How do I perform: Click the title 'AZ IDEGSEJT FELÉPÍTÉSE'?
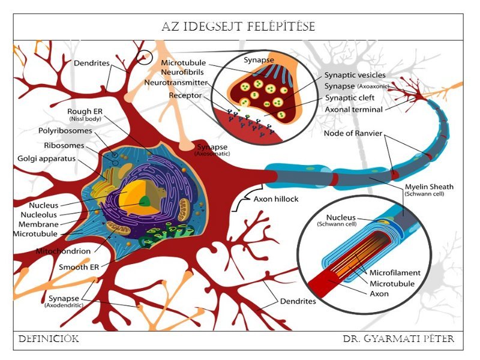[x=238, y=27]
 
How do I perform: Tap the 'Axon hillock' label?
[x=276, y=199]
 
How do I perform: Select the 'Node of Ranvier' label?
[x=352, y=133]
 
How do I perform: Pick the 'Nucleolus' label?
[x=40, y=214]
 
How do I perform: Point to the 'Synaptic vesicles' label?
[x=355, y=75]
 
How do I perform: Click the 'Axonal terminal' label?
[x=353, y=110]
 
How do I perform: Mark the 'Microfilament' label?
[x=395, y=272]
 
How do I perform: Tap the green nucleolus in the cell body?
[x=143, y=202]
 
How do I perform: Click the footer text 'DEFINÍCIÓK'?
[x=49, y=340]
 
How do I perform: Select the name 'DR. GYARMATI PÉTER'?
[x=398, y=340]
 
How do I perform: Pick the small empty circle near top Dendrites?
[x=145, y=58]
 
